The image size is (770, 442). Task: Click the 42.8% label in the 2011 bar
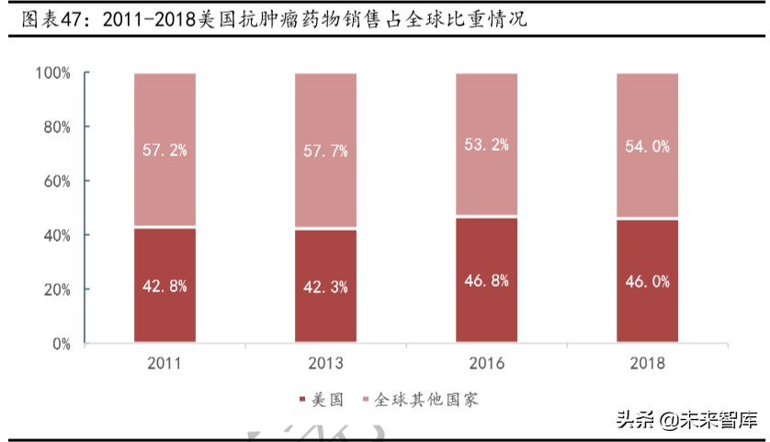(x=165, y=285)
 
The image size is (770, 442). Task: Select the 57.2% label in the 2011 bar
(x=165, y=149)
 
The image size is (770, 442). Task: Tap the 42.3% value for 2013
(x=325, y=287)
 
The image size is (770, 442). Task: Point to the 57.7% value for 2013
(x=325, y=151)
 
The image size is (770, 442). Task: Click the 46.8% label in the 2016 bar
(x=486, y=280)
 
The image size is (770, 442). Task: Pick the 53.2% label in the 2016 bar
(x=486, y=144)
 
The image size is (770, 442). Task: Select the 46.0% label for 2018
(x=647, y=282)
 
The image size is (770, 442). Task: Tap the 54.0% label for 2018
(x=647, y=146)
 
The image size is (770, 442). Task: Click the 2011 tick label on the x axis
(x=165, y=364)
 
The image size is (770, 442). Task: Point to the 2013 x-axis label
(x=325, y=364)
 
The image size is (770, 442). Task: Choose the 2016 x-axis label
(x=486, y=364)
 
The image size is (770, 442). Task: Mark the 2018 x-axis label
(x=647, y=364)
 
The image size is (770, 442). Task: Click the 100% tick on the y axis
(x=52, y=73)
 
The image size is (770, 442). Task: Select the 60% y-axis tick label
(x=56, y=181)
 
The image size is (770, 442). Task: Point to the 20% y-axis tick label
(x=56, y=289)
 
